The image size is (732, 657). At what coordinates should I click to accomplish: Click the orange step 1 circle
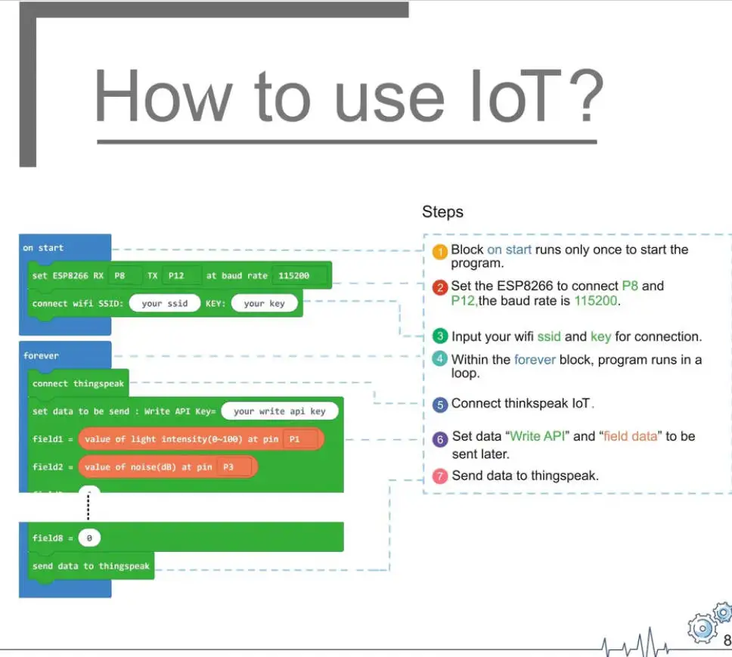point(440,253)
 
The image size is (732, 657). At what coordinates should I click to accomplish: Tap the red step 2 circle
point(440,287)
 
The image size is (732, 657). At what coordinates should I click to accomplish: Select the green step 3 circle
point(440,336)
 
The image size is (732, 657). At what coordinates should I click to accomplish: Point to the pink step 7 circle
point(440,476)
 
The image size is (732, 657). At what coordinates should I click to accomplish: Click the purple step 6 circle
point(440,439)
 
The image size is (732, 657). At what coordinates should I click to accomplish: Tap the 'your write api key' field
point(279,411)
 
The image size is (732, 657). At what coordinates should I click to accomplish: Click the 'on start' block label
point(43,248)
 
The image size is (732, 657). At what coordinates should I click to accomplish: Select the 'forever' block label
point(41,355)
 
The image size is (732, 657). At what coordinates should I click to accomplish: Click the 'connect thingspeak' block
point(78,383)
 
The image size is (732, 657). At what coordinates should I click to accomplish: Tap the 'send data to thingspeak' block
point(91,566)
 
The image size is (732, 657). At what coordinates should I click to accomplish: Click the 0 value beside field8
point(88,538)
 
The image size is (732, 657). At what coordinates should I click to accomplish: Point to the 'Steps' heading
point(442,212)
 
